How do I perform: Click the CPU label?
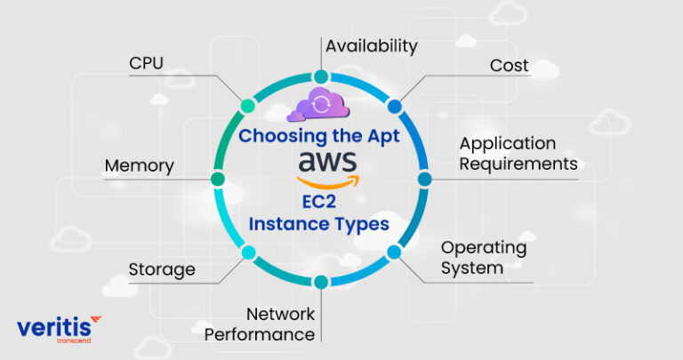tap(147, 65)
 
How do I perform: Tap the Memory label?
tap(139, 166)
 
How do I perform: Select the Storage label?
tap(161, 269)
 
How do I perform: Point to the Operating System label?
tap(484, 257)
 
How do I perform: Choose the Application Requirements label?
tap(518, 154)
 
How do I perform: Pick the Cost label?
tap(510, 66)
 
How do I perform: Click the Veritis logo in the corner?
tap(59, 329)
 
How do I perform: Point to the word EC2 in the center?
tap(319, 204)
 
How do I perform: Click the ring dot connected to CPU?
tap(247, 106)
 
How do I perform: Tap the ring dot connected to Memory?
tap(217, 179)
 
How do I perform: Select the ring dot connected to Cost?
tap(395, 106)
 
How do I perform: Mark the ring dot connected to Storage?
tap(247, 252)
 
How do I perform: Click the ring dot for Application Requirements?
tap(424, 179)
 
